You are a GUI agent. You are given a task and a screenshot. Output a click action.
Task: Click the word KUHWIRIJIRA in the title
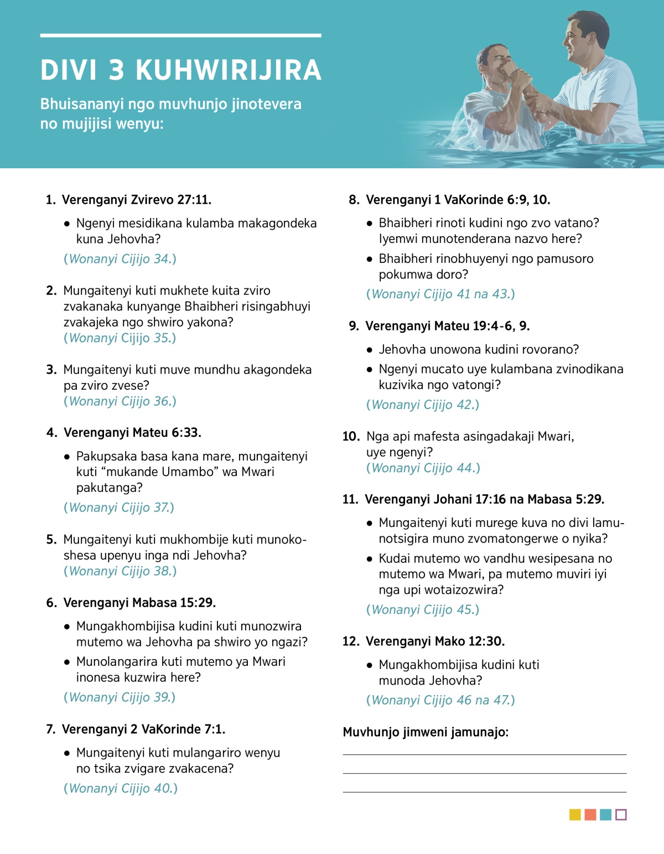(x=228, y=70)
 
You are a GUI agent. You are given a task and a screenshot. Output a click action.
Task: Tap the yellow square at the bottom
(x=575, y=815)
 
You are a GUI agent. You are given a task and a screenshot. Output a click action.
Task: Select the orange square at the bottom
(x=590, y=815)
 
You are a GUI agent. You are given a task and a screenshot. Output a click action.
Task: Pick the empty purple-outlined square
(x=621, y=815)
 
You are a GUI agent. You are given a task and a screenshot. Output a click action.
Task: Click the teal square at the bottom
(x=605, y=815)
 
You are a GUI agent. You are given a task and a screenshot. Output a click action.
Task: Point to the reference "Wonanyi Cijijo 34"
(x=120, y=259)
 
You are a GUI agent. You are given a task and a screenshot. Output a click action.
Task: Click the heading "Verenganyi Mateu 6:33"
(x=132, y=432)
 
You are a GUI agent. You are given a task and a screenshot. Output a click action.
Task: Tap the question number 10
(x=351, y=437)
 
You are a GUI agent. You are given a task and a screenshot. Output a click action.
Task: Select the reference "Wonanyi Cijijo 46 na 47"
(x=440, y=700)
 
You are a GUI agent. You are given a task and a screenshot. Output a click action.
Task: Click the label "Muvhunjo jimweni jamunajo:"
(x=426, y=732)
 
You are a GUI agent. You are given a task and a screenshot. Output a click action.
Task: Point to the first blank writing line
(x=484, y=754)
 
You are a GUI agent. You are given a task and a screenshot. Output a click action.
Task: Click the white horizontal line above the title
(x=180, y=35)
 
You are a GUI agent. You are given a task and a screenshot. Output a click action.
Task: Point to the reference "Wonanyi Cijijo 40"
(x=121, y=788)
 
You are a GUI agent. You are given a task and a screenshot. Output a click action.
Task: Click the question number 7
(x=50, y=729)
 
